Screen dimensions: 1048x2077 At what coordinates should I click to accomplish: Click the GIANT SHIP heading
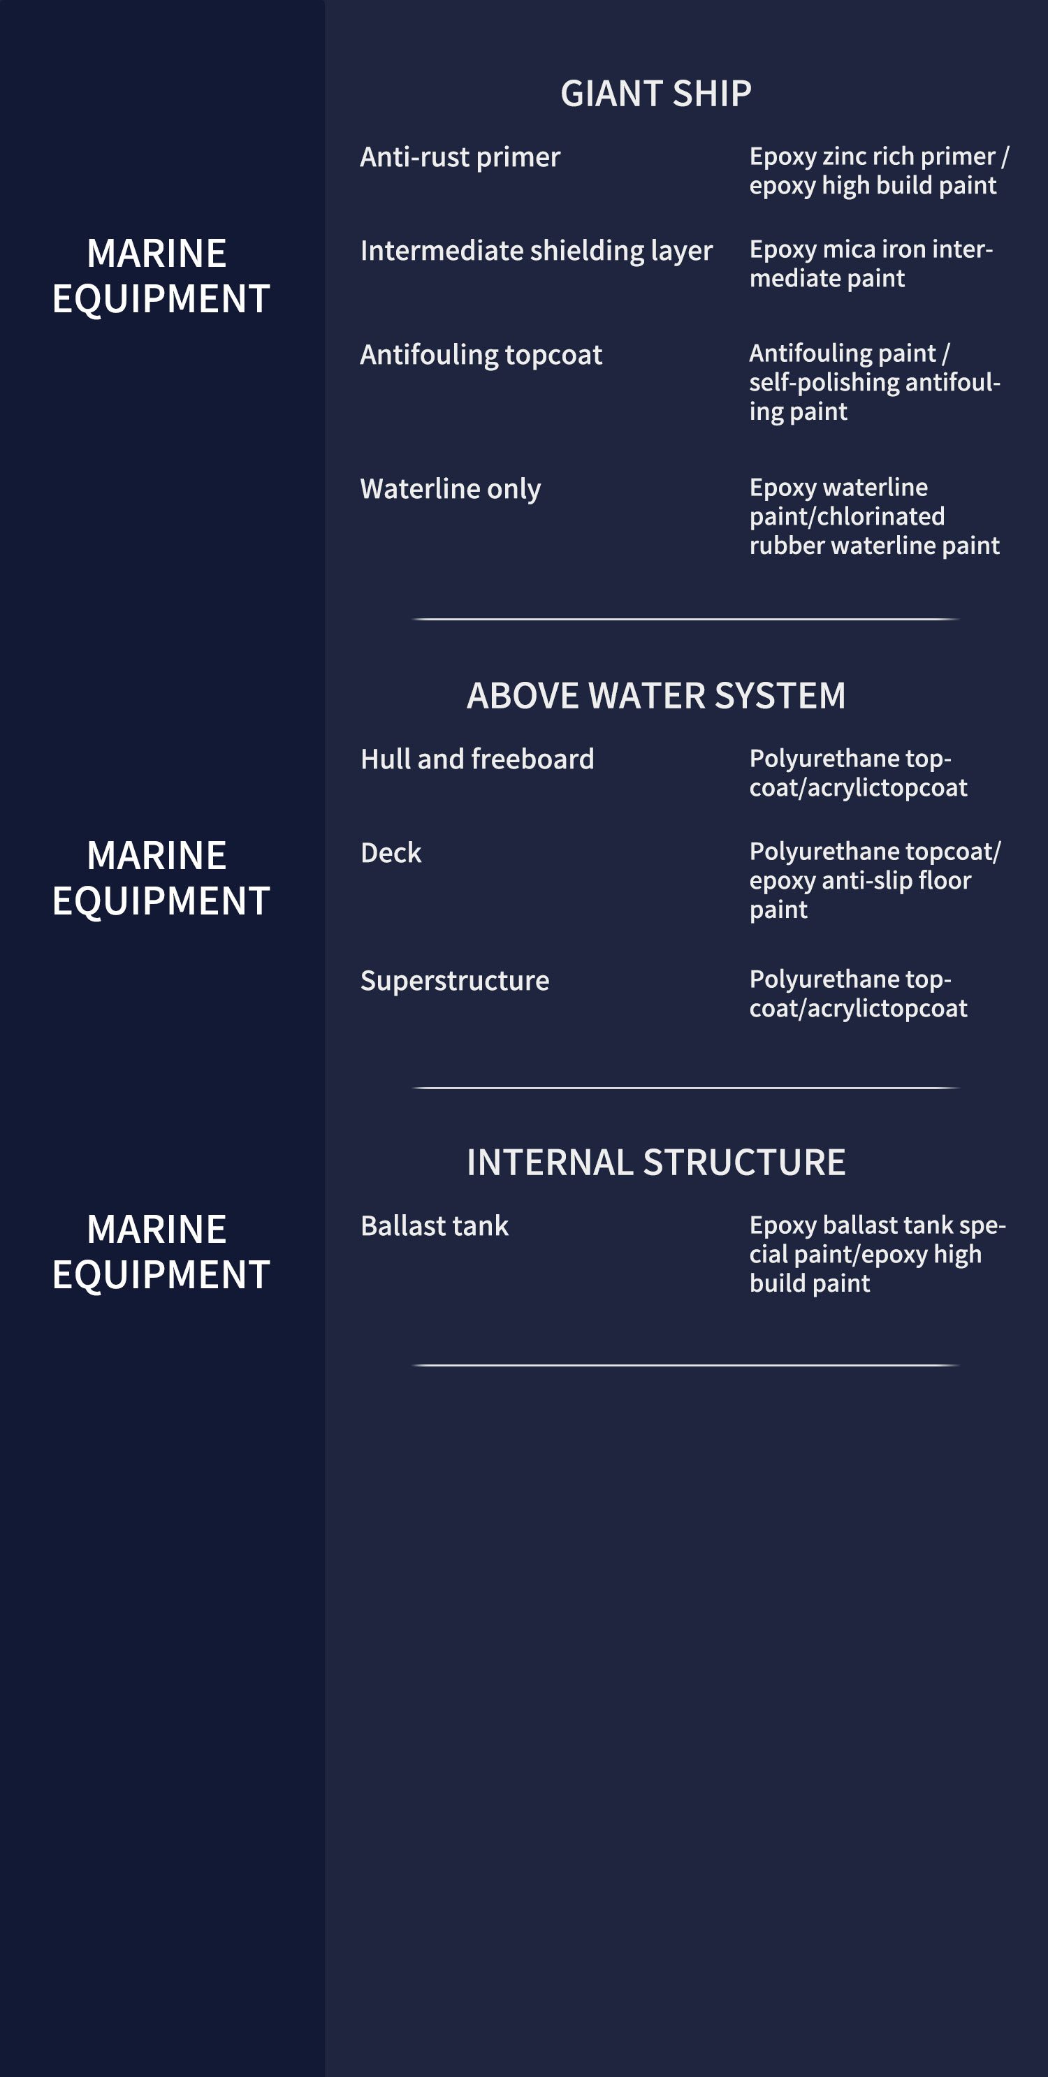(656, 94)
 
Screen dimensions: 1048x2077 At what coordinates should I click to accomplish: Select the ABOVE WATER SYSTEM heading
(656, 695)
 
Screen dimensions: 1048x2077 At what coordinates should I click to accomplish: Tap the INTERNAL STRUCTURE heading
(656, 1162)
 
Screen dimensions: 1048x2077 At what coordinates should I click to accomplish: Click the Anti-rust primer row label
(460, 157)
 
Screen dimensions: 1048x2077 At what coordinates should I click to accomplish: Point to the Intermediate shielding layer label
(537, 251)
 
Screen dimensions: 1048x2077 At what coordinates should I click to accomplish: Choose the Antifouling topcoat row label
(481, 355)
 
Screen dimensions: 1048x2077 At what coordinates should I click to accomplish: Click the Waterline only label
(451, 488)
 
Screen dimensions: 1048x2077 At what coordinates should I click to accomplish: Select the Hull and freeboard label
(477, 759)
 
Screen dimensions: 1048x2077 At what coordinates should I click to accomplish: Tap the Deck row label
(391, 852)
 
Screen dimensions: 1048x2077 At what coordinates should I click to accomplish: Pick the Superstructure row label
(455, 980)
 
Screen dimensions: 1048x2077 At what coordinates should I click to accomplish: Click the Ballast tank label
(435, 1225)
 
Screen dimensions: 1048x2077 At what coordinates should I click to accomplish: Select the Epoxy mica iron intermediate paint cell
(871, 263)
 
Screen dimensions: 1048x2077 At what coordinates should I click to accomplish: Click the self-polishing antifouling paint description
(875, 397)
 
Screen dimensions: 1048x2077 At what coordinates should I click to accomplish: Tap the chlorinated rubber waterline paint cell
(875, 530)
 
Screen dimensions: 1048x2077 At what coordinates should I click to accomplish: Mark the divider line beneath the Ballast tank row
(685, 1365)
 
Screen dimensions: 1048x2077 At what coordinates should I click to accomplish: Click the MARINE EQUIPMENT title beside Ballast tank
(161, 1251)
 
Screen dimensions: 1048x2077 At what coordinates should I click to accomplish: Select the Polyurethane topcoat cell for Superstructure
(859, 993)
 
